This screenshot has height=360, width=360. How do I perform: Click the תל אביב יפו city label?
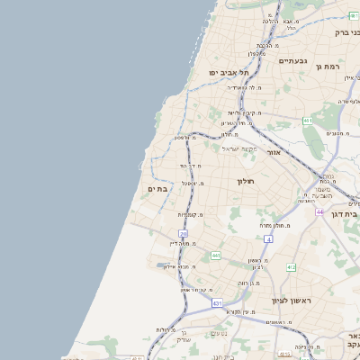(x=229, y=71)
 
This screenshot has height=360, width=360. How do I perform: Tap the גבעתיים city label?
(x=292, y=60)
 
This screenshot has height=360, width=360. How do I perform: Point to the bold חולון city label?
(x=247, y=181)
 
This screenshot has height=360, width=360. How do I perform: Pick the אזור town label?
(x=274, y=153)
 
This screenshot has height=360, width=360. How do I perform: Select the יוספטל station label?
(x=191, y=183)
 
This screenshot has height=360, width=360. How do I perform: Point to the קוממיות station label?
(x=188, y=214)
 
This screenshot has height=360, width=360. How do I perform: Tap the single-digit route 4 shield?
(x=268, y=238)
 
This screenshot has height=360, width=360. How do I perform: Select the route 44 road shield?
(x=319, y=211)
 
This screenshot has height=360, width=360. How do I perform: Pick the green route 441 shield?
(x=216, y=256)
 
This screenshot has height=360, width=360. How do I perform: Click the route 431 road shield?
(x=217, y=303)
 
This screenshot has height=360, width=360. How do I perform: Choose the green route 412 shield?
(x=291, y=267)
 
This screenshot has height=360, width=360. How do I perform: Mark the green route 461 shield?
(x=308, y=121)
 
